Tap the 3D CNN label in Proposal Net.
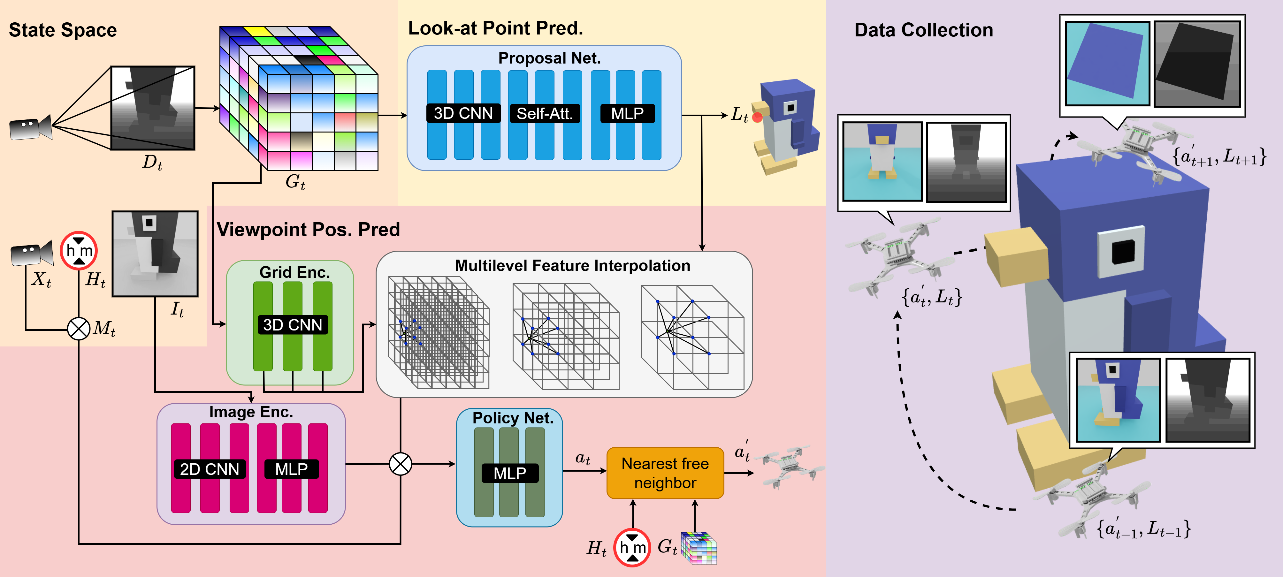(x=463, y=113)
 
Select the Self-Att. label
(x=544, y=113)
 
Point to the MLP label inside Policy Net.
(x=509, y=473)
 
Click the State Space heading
(x=63, y=30)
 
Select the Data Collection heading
(x=923, y=30)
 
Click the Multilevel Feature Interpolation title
(x=572, y=266)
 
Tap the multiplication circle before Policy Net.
(x=401, y=464)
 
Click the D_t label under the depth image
(x=152, y=162)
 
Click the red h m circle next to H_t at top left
(x=79, y=250)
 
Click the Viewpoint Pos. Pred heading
(x=308, y=230)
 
